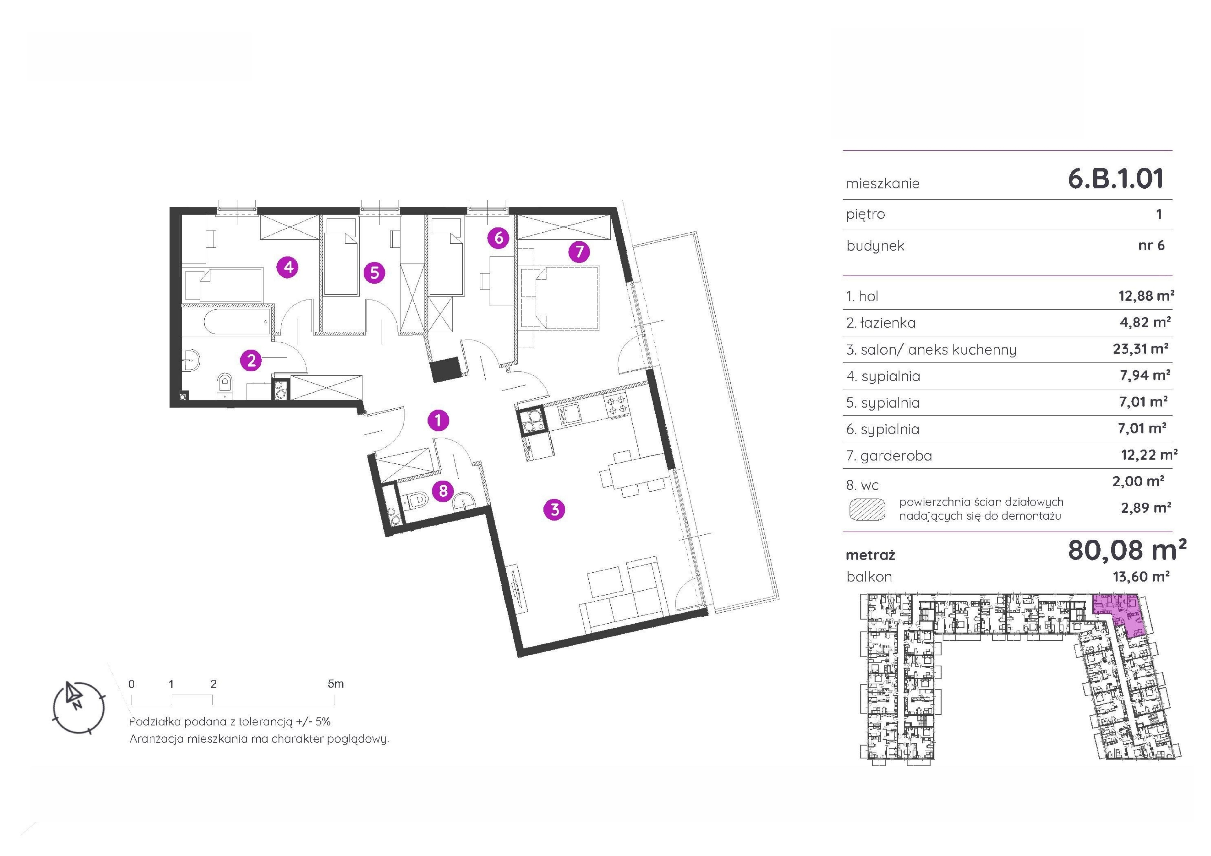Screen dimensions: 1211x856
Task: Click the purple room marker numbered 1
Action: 438,420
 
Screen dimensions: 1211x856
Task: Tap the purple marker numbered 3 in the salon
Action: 554,510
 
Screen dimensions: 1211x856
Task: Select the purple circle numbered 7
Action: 579,252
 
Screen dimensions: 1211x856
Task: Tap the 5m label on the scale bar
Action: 335,684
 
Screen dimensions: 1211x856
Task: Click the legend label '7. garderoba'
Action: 889,456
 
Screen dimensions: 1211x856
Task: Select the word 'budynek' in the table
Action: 876,246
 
